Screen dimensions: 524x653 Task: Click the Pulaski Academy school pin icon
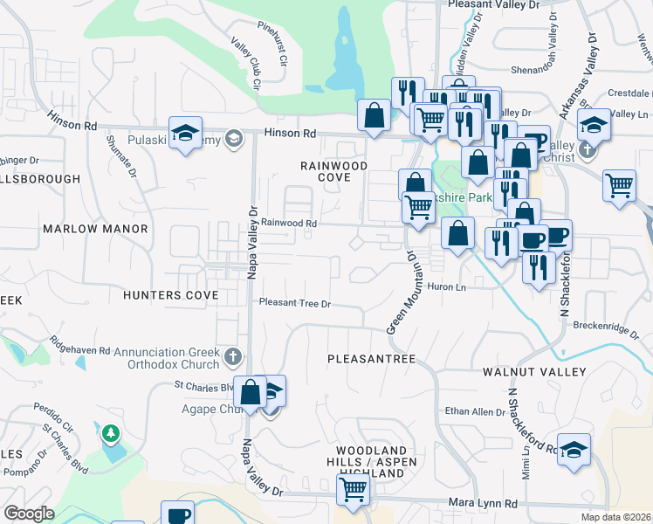click(x=186, y=133)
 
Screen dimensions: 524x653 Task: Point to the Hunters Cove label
click(x=170, y=295)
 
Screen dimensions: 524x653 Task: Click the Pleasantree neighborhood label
click(x=371, y=359)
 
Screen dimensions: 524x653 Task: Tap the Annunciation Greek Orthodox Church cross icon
click(x=232, y=355)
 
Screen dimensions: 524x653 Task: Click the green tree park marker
click(x=111, y=433)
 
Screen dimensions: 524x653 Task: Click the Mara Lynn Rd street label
click(x=483, y=504)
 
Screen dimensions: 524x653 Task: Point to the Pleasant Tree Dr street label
click(x=295, y=304)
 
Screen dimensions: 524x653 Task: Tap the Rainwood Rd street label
click(x=288, y=224)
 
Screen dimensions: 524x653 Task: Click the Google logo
click(x=29, y=514)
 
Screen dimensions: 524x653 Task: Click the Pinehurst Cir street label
click(x=273, y=43)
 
